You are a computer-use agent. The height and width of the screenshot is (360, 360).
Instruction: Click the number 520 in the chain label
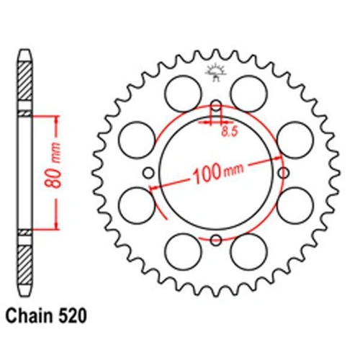tap(72, 315)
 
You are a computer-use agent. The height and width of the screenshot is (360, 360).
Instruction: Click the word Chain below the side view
tap(30, 315)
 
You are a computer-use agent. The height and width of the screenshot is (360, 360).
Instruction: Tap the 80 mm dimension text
tap(53, 166)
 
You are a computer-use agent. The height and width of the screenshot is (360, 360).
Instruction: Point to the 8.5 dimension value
tap(230, 132)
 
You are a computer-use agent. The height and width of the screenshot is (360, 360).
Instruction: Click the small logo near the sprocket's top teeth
tap(216, 72)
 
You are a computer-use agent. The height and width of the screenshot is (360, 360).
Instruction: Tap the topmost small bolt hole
tap(216, 106)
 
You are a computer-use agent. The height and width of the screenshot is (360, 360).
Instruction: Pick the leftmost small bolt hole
tap(148, 173)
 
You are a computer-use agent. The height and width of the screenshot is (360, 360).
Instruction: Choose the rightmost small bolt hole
tap(284, 173)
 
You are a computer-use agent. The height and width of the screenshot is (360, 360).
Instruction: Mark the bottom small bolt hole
tap(216, 240)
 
